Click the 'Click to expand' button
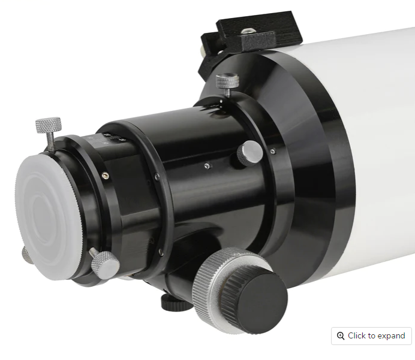(371, 335)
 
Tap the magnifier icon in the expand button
(341, 335)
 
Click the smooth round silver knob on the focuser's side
(249, 153)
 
